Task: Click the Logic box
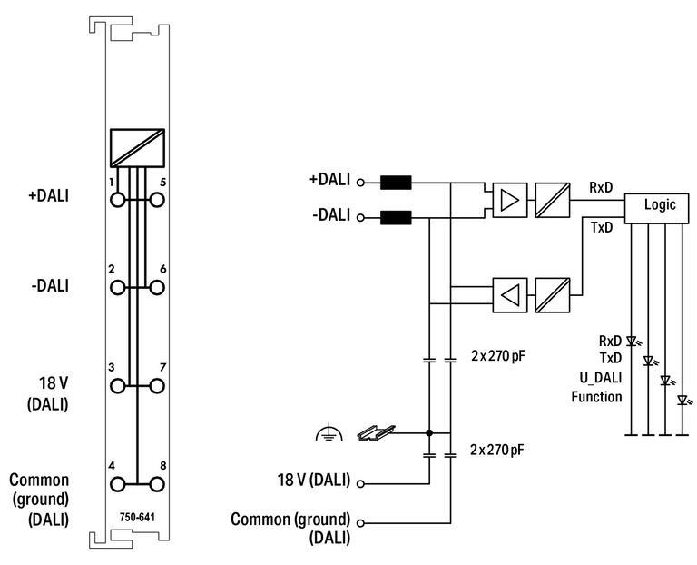(656, 208)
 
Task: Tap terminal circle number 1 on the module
(117, 200)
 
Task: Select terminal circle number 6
(157, 287)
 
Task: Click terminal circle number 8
(157, 484)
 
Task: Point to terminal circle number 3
(117, 386)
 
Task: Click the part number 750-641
(137, 518)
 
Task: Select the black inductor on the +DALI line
(396, 183)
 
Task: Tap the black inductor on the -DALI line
(396, 217)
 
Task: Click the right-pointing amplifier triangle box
(510, 200)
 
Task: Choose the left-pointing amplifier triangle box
(510, 295)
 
